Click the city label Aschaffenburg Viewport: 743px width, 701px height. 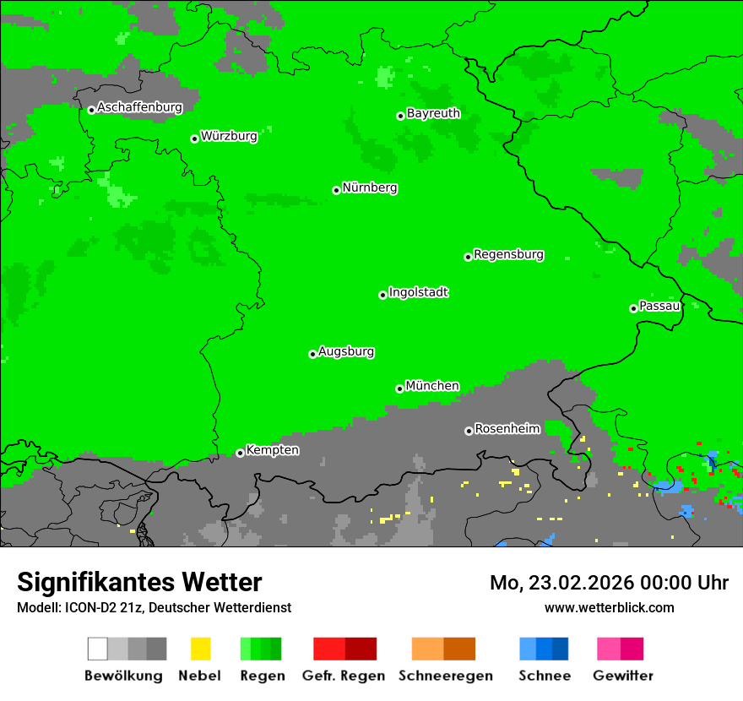point(139,107)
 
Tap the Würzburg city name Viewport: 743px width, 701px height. point(229,136)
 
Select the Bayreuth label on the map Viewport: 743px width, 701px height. point(433,113)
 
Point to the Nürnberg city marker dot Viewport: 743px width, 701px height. point(336,190)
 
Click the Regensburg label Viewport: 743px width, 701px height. point(508,254)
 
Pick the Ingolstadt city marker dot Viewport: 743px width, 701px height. point(382,295)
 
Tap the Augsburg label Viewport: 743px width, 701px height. point(346,351)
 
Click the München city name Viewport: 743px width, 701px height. point(432,386)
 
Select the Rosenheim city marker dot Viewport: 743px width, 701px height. point(469,431)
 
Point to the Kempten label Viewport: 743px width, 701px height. point(272,450)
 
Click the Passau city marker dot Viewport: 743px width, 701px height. point(633,308)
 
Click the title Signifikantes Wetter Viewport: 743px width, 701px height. point(139,582)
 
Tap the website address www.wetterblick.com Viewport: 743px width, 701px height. point(609,607)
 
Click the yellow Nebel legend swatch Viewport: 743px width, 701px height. point(200,649)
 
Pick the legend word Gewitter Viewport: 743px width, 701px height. point(623,676)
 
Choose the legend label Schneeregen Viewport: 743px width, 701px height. point(446,676)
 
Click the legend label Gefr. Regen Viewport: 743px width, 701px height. point(344,676)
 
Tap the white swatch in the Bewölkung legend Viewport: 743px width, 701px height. point(98,649)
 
